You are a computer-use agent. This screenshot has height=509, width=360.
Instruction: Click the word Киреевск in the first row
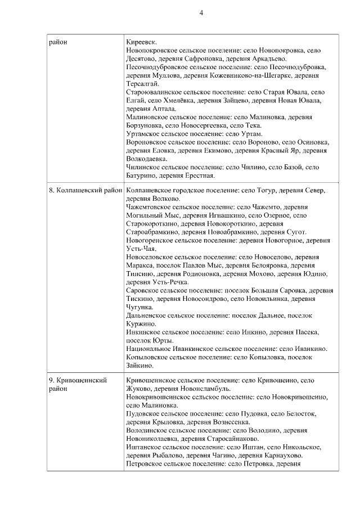[142, 42]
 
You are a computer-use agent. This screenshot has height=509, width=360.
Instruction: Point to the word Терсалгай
[143, 83]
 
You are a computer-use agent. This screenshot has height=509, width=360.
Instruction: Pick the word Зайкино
[140, 366]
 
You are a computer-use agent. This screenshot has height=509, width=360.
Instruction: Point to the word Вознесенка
[229, 422]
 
